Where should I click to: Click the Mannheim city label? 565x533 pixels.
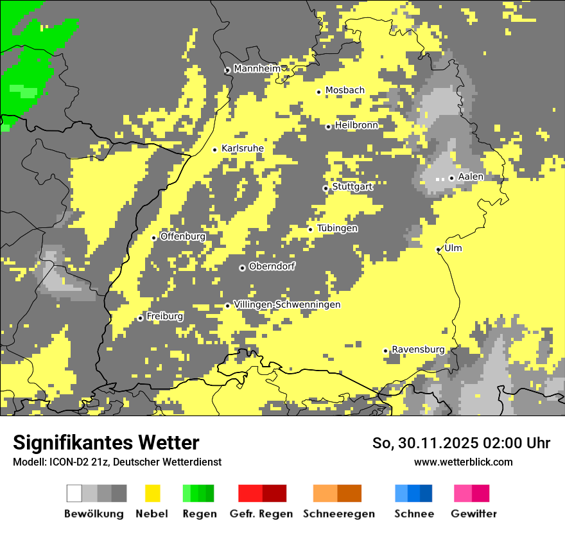[x=257, y=69]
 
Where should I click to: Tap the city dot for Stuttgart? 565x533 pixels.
[x=326, y=188]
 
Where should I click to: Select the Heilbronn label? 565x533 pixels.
[x=356, y=125]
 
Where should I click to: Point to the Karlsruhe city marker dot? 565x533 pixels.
[x=215, y=150]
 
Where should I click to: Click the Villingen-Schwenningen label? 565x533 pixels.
[x=287, y=304]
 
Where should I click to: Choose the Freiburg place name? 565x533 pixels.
[x=164, y=317]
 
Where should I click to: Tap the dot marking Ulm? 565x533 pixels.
[x=439, y=249]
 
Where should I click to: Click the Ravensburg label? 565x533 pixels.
[x=418, y=349]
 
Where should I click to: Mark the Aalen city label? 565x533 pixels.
[x=471, y=177]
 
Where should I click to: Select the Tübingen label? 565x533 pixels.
[x=337, y=228]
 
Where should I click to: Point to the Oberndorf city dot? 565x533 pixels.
[x=242, y=268]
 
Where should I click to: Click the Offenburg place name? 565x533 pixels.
[x=183, y=236]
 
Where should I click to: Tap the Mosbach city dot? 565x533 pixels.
[x=318, y=92]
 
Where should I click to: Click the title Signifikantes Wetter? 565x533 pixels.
[x=106, y=442]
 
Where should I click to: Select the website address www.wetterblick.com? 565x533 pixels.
[x=463, y=462]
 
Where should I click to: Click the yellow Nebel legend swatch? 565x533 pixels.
[x=152, y=493]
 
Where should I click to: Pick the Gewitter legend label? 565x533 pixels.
[x=473, y=514]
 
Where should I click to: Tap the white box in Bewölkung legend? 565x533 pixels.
[x=74, y=493]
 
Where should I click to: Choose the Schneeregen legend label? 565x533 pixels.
[x=338, y=514]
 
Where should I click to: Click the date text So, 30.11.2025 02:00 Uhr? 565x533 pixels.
[x=461, y=443]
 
